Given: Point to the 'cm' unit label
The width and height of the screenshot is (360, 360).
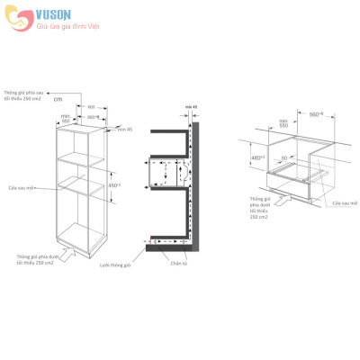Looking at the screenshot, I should click(x=58, y=125).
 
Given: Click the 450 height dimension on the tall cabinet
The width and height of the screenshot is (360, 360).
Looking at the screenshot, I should click(x=113, y=185).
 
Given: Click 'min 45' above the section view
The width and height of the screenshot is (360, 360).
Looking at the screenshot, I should click(x=190, y=106).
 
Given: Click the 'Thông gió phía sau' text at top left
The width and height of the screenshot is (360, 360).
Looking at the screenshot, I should click(x=23, y=94).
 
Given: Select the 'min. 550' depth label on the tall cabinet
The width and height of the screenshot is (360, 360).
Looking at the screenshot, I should click(x=67, y=117).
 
